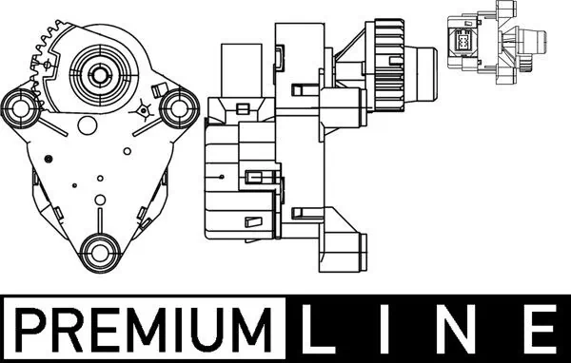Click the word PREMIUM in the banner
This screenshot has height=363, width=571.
click(144, 329)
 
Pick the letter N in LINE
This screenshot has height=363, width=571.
click(455, 329)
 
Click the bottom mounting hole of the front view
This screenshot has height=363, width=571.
click(100, 253)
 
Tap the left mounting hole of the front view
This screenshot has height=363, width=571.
click(22, 108)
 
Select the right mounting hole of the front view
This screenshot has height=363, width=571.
click(179, 108)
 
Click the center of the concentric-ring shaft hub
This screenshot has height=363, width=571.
click(99, 74)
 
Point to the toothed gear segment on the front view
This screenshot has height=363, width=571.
click(42, 62)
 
